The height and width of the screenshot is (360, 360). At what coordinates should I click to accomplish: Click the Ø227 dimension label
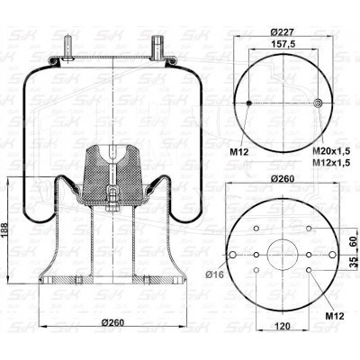pyautogui.click(x=282, y=31)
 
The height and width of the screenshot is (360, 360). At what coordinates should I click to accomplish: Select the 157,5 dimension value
pyautogui.click(x=283, y=44)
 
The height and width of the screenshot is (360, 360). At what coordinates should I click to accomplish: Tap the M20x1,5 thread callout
pyautogui.click(x=331, y=151)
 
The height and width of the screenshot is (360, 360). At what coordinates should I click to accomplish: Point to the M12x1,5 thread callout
pyautogui.click(x=331, y=162)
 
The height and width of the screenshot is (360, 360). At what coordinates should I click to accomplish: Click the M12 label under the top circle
pyautogui.click(x=239, y=152)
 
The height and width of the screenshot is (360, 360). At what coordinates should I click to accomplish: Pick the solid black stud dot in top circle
pyautogui.click(x=249, y=103)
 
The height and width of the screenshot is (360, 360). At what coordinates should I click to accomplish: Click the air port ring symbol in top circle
pyautogui.click(x=318, y=103)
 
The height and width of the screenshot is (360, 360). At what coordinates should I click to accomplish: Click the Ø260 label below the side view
pyautogui.click(x=112, y=323)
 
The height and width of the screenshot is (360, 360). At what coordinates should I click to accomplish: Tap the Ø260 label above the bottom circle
pyautogui.click(x=282, y=179)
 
